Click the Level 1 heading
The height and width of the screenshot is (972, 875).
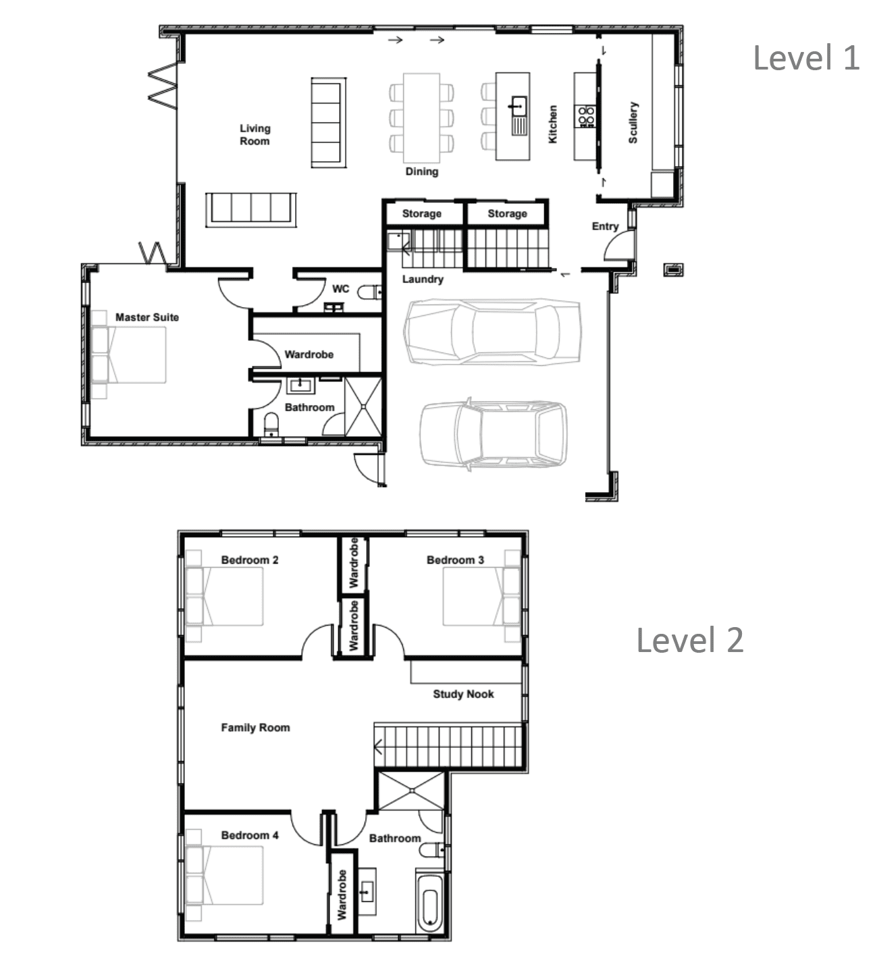click(x=806, y=57)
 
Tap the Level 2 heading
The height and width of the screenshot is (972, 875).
click(x=690, y=640)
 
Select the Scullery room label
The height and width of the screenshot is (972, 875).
click(x=633, y=123)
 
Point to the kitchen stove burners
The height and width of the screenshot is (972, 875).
click(x=585, y=116)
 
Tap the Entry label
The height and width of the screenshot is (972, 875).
click(x=605, y=226)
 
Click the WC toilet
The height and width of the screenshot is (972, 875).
click(x=370, y=292)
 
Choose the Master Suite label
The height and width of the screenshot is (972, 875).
click(x=147, y=317)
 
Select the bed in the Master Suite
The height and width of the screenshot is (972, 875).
click(x=128, y=354)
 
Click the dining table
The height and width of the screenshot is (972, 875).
click(x=422, y=118)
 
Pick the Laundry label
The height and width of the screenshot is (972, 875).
click(x=423, y=279)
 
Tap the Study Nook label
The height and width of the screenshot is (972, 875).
click(x=463, y=694)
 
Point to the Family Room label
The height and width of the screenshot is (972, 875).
click(x=255, y=727)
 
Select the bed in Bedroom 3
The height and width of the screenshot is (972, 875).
click(x=482, y=596)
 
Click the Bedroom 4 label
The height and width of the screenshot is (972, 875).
click(x=250, y=835)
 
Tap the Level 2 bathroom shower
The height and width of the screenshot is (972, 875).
click(x=411, y=791)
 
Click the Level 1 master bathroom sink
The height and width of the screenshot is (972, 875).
click(x=300, y=385)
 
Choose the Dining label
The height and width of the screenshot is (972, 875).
click(x=422, y=171)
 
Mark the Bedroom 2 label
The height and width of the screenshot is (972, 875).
click(x=250, y=560)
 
